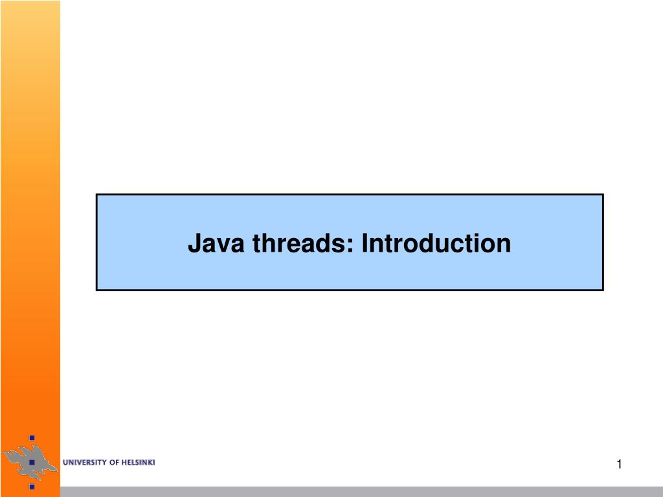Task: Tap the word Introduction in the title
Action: (436, 244)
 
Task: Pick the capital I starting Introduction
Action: (365, 244)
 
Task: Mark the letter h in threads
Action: (267, 244)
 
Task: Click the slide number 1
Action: (619, 463)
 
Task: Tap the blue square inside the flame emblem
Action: (30, 463)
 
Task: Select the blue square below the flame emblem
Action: (31, 486)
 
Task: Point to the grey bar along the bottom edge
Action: (363, 492)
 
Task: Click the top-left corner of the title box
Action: (97, 194)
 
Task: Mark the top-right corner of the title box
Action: (603, 194)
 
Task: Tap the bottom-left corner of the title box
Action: (97, 290)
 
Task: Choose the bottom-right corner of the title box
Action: (603, 290)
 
